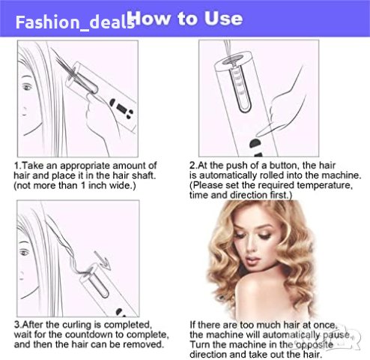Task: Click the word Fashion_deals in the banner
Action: click(x=75, y=22)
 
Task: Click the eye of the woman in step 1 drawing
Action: click(x=27, y=87)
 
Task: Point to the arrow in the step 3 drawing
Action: click(x=102, y=260)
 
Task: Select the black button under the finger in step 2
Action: click(x=255, y=143)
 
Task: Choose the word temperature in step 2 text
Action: click(x=325, y=185)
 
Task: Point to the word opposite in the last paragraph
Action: click(x=315, y=345)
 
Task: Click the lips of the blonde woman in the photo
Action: click(x=252, y=260)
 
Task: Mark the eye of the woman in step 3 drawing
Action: click(x=25, y=253)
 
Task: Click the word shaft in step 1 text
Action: click(x=144, y=175)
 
